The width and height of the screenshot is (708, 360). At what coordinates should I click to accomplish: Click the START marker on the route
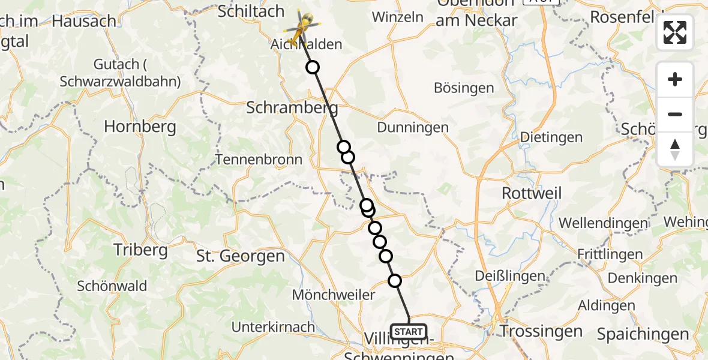409,331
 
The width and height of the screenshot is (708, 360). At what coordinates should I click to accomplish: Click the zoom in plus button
675,80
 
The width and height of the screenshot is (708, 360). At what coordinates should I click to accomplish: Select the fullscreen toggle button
675,32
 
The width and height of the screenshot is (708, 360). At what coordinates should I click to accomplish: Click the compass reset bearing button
675,149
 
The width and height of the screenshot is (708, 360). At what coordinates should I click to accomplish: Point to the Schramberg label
292,108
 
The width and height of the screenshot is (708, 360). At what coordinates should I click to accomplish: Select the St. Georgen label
241,256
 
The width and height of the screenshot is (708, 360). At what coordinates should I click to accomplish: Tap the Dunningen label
413,127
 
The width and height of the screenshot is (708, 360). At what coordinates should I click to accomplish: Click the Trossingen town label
541,331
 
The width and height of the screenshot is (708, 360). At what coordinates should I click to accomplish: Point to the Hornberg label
140,127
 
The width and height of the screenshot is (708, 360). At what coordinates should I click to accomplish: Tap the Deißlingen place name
510,276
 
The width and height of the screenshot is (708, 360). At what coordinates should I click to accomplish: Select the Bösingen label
464,88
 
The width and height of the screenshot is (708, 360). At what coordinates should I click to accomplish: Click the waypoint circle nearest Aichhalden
313,67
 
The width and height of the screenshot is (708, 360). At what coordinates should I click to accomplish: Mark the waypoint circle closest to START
395,280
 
